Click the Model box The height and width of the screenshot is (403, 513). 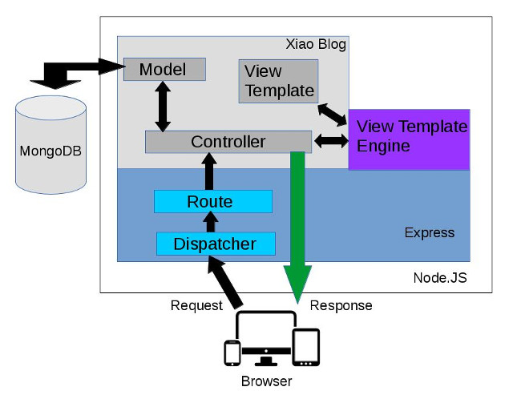coord(164,70)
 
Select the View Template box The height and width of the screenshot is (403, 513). coord(278,81)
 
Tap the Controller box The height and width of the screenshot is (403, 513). coord(228,142)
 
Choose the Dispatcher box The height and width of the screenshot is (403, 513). coord(216,243)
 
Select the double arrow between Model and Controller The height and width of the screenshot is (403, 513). coord(164,106)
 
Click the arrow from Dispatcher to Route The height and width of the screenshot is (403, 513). coord(210,222)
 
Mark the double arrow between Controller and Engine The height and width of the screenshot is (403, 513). coord(329,141)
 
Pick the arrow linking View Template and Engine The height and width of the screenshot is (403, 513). coord(332,115)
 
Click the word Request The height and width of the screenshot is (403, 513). coord(196,305)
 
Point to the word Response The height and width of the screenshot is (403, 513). coord(341,305)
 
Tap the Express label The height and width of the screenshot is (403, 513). coord(429,233)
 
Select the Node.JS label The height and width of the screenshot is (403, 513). coord(439,279)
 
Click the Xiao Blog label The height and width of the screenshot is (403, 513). coord(316,45)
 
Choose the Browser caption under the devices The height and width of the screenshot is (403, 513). coord(266,381)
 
